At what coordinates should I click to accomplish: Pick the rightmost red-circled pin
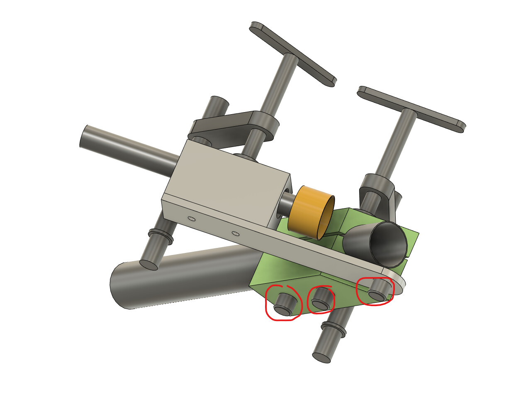(x=378, y=291)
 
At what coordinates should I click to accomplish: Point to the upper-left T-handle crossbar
(x=292, y=54)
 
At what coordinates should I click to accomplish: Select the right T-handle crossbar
(x=411, y=109)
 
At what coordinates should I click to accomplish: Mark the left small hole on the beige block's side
(x=191, y=218)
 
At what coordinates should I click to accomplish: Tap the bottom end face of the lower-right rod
(x=322, y=358)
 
